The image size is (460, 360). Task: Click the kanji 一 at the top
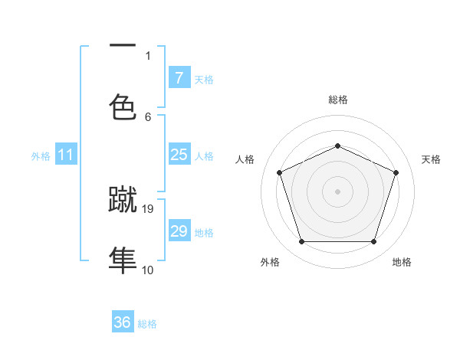tap(123, 44)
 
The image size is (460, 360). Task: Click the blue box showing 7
tap(179, 77)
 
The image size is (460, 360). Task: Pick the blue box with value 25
tap(179, 155)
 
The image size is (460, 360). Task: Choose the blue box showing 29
tap(179, 231)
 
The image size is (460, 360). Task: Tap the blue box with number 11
tap(66, 155)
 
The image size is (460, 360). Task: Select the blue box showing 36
tap(123, 322)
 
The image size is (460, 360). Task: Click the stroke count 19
tap(149, 208)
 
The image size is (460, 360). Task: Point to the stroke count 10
tap(148, 270)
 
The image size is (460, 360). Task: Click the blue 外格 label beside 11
tap(41, 156)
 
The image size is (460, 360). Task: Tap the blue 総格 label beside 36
tap(147, 324)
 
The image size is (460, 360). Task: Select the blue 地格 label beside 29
tap(204, 233)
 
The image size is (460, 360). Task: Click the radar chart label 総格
tap(337, 100)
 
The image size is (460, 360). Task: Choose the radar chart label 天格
tap(431, 159)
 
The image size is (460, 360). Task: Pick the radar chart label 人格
tap(245, 159)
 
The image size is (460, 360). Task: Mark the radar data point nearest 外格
tap(301, 242)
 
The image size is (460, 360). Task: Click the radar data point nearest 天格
tap(396, 172)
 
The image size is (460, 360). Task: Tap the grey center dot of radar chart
tap(337, 191)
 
